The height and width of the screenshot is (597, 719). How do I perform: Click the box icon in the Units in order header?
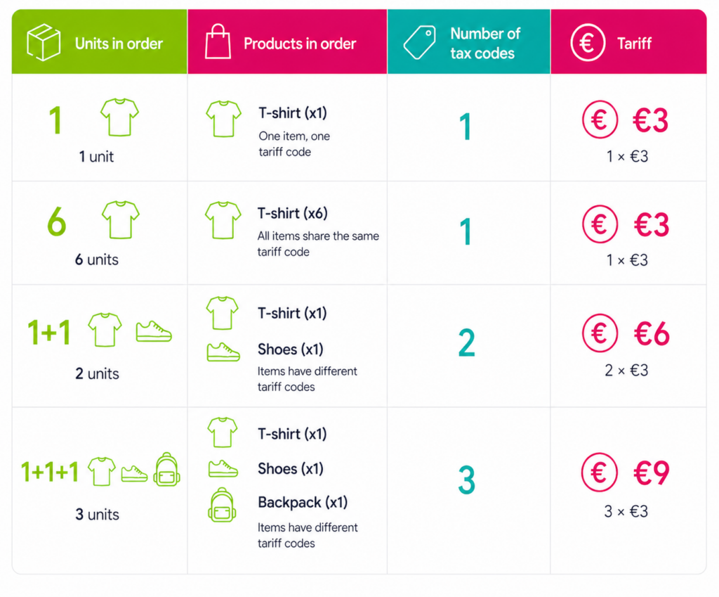click(x=44, y=42)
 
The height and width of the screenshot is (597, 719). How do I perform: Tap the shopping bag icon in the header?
click(x=217, y=42)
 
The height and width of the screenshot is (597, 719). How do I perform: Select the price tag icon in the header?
click(x=419, y=43)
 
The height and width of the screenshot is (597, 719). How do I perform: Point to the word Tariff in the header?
click(x=634, y=44)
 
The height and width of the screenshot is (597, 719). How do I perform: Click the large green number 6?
click(x=57, y=222)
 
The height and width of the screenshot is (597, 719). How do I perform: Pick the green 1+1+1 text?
click(x=50, y=472)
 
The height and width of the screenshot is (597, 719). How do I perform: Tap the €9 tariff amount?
click(x=651, y=473)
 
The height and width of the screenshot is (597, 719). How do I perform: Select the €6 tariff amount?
click(x=652, y=334)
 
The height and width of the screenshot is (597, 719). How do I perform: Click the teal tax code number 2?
click(x=466, y=343)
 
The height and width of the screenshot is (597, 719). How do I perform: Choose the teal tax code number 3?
click(x=467, y=481)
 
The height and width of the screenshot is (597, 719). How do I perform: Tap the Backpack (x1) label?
click(x=303, y=503)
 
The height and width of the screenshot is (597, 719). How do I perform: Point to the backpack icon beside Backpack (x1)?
click(x=222, y=504)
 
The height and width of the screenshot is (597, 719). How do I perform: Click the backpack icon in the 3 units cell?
click(x=166, y=469)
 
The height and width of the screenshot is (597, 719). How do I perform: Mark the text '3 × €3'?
click(x=626, y=511)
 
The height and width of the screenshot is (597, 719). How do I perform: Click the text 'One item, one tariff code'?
click(x=294, y=143)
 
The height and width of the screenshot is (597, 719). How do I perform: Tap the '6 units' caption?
click(x=97, y=259)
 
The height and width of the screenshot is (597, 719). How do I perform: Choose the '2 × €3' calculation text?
click(x=626, y=370)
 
